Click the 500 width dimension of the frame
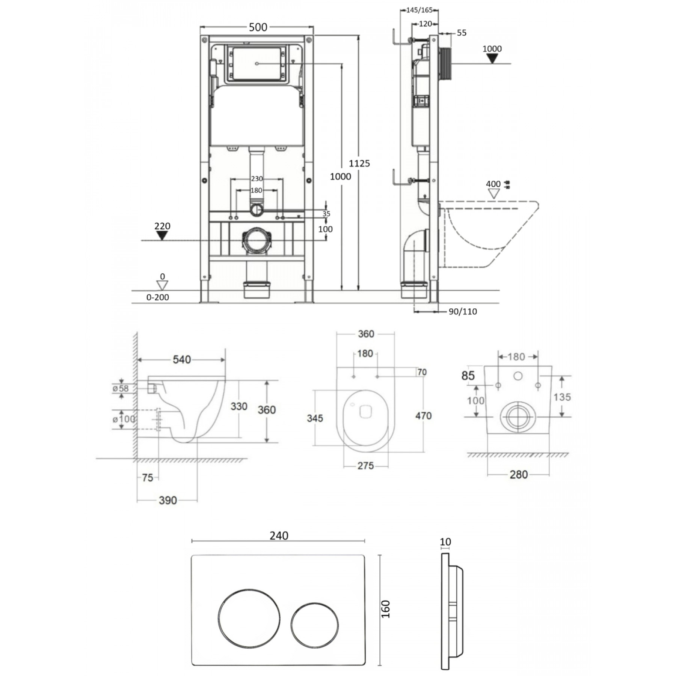click(x=258, y=27)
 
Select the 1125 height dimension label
click(x=359, y=163)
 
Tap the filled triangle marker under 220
click(x=162, y=235)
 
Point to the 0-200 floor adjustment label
click(x=158, y=297)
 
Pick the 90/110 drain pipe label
click(x=463, y=311)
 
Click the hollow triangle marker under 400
click(x=494, y=194)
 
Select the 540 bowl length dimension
click(x=182, y=359)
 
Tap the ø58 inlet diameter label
click(x=121, y=388)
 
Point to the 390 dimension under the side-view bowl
click(x=167, y=500)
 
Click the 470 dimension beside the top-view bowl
click(x=423, y=416)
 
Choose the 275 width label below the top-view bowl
click(x=365, y=466)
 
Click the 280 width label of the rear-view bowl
click(x=519, y=475)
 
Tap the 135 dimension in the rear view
click(x=562, y=397)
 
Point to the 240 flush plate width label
click(x=279, y=536)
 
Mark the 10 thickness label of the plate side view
click(x=445, y=542)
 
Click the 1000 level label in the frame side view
click(x=492, y=48)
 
